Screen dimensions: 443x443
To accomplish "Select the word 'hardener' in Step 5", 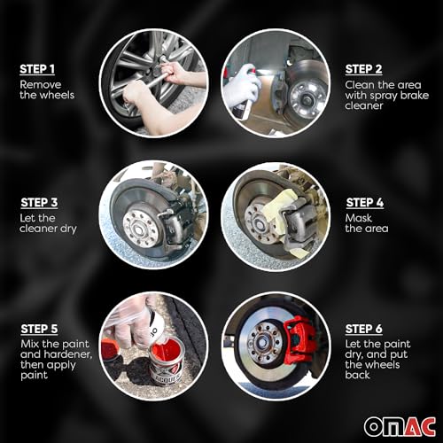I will coord(65,355).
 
